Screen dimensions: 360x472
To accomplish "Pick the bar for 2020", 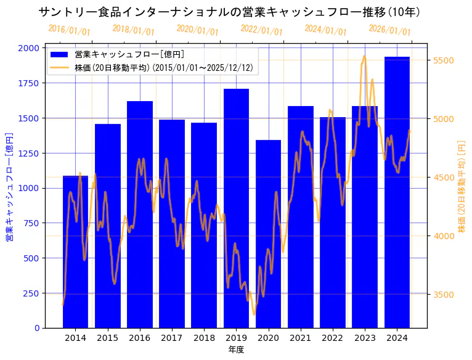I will point(268,234).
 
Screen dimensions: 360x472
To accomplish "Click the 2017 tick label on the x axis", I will point(172,337).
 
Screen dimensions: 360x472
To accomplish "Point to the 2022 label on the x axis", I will point(333,337).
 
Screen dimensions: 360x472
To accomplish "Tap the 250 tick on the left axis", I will point(32,293).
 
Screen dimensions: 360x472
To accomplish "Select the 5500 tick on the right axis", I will point(444,60).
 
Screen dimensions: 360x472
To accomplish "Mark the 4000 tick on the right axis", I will point(444,236).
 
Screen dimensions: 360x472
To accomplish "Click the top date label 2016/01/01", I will point(69,30).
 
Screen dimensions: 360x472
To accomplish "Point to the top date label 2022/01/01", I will point(261,30).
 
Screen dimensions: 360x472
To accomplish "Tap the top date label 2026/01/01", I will point(389,30).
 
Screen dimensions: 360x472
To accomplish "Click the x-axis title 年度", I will point(236,350).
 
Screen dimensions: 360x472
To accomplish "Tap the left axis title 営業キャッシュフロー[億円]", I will point(9,187).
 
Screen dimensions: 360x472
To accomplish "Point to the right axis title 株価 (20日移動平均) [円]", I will point(462,187).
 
